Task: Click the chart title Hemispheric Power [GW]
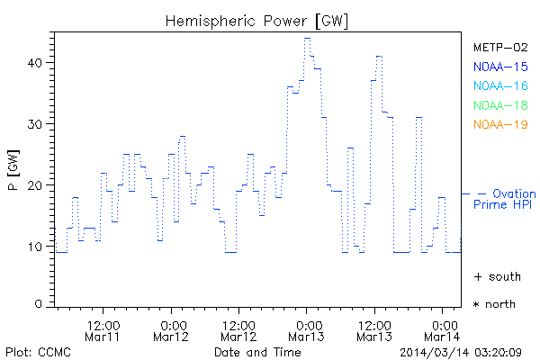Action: [x=257, y=19]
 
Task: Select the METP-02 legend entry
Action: [x=499, y=47]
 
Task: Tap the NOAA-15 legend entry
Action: [x=499, y=67]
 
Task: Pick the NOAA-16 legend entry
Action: [x=499, y=85]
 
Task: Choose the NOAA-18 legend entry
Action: [x=499, y=105]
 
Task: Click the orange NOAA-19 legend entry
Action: [x=499, y=124]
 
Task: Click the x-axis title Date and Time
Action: [x=257, y=352]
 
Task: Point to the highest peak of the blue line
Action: [x=307, y=39]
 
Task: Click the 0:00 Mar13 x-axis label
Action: [x=307, y=329]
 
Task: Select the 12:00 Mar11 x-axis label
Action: [x=103, y=329]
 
